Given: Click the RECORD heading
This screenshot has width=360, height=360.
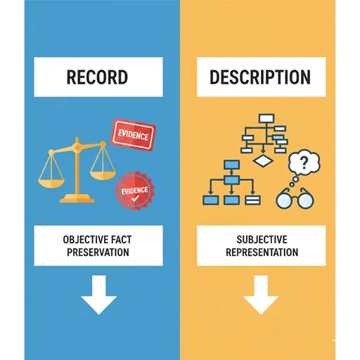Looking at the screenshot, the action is coord(97,77).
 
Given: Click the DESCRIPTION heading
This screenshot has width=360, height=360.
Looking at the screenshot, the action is coord(260,77).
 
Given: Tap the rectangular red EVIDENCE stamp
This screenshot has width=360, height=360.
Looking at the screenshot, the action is coord(133,134).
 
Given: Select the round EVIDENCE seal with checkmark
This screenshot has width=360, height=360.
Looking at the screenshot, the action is coord(135,191).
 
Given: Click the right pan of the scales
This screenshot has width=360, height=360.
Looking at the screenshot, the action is coord(103,174).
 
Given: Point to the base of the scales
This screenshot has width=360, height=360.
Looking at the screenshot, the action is coord(77,198).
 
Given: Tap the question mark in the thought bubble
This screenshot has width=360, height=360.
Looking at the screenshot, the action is coord(304,163).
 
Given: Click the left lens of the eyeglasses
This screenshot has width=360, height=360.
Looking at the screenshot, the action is coord(285,200).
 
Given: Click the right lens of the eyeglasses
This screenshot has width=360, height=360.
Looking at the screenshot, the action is coord(305,200).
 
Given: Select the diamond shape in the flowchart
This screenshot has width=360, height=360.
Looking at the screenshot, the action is coord(263,160).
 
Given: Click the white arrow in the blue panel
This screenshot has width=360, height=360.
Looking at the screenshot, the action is coord(99,295).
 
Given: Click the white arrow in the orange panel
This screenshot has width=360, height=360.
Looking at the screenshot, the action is coord(261,295).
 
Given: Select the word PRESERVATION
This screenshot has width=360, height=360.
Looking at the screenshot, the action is coord(98,252).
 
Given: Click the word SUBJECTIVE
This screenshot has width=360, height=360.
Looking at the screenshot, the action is coord(262,240).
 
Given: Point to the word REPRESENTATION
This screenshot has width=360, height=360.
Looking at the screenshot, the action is coord(262,252).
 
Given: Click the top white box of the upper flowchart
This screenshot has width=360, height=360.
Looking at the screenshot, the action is coord(266,118).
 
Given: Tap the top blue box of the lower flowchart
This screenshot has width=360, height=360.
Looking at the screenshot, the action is coord(232,165).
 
